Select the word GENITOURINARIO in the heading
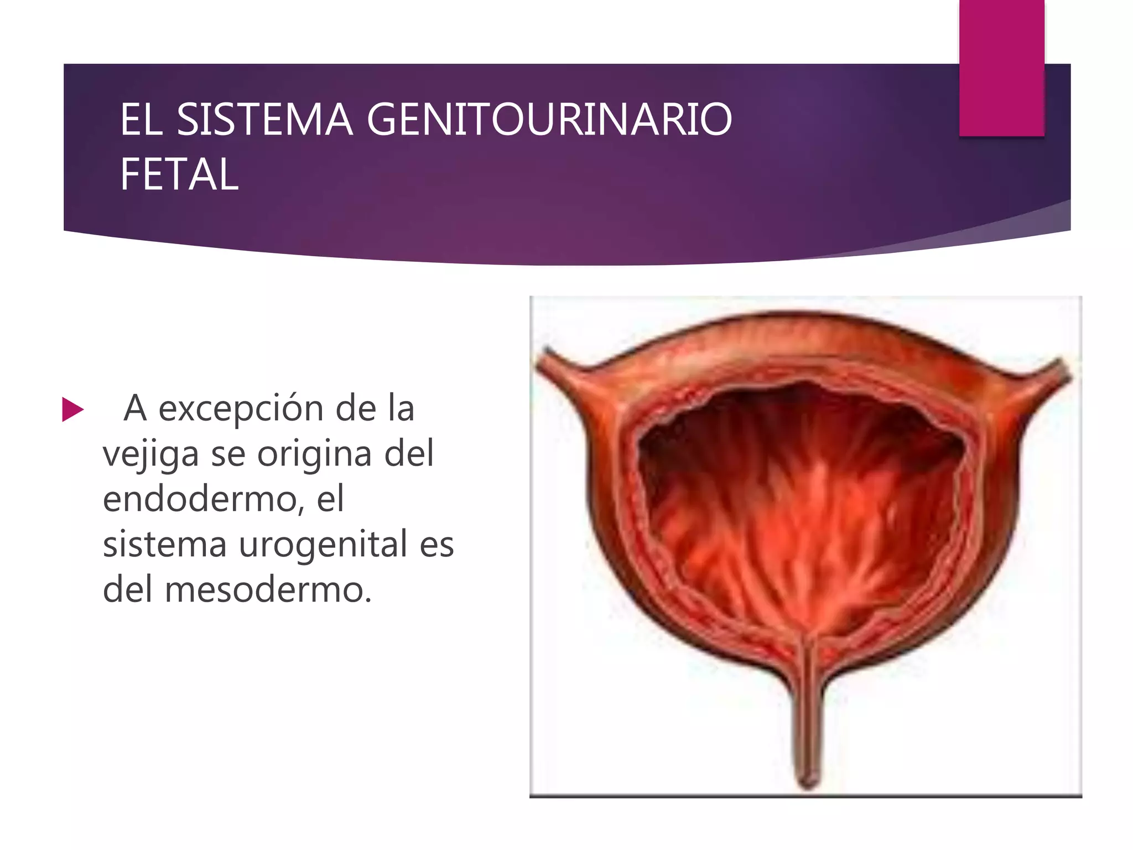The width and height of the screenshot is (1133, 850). click(549, 120)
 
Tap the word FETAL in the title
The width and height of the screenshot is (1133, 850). click(179, 174)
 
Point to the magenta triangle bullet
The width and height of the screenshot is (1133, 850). click(72, 410)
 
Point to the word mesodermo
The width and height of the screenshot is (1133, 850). click(268, 589)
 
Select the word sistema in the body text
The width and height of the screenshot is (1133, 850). click(165, 544)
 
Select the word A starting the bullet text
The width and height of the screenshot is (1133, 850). click(135, 409)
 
